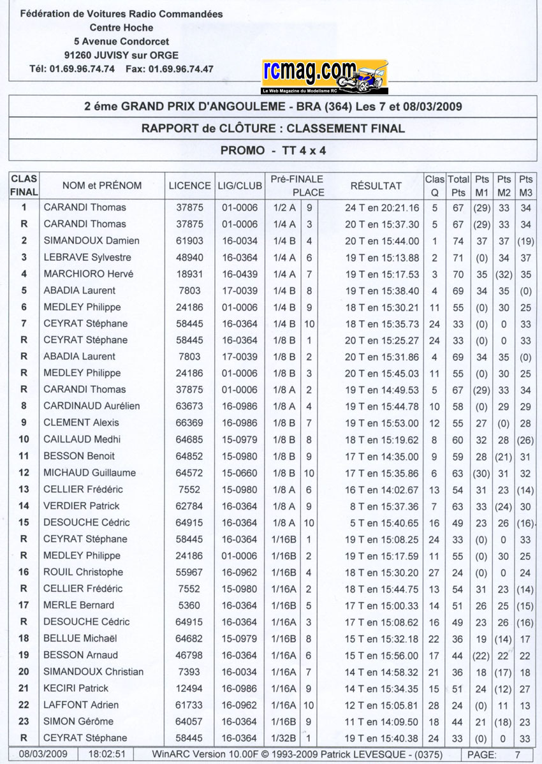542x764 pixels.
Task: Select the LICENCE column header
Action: (x=189, y=186)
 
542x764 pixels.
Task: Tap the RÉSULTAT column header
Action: (x=376, y=186)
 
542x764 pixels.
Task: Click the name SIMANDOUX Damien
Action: (x=91, y=240)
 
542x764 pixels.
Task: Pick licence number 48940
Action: (x=189, y=257)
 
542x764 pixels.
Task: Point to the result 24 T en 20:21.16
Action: (x=382, y=207)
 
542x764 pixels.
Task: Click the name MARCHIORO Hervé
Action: (x=88, y=274)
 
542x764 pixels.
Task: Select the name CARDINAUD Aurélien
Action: (x=91, y=406)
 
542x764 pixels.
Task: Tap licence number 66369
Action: (x=189, y=422)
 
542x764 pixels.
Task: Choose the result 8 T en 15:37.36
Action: (x=382, y=506)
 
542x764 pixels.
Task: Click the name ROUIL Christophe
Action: (x=83, y=572)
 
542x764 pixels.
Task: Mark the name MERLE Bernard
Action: (x=78, y=605)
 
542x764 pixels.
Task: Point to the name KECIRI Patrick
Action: (x=76, y=688)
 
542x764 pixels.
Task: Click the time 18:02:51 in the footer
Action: (x=103, y=753)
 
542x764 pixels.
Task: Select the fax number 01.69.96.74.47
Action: (x=180, y=69)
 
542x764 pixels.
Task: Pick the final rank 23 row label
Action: (x=24, y=721)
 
